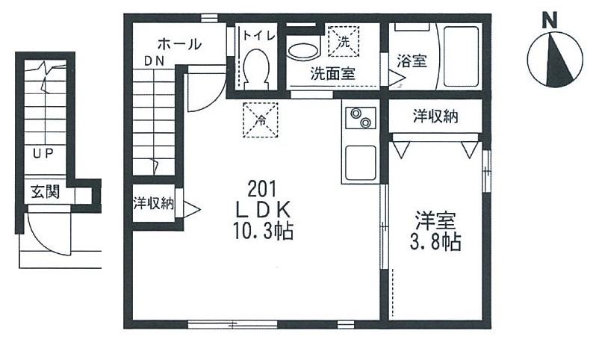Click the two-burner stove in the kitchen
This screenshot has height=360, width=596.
click(359, 120)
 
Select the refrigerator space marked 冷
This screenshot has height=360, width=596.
click(261, 119)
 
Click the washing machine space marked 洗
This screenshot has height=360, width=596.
click(344, 40)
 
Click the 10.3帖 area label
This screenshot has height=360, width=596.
click(261, 232)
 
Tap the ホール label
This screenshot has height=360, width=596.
click(179, 44)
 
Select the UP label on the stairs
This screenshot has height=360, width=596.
click(43, 155)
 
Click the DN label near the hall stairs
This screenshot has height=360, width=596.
click(155, 61)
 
